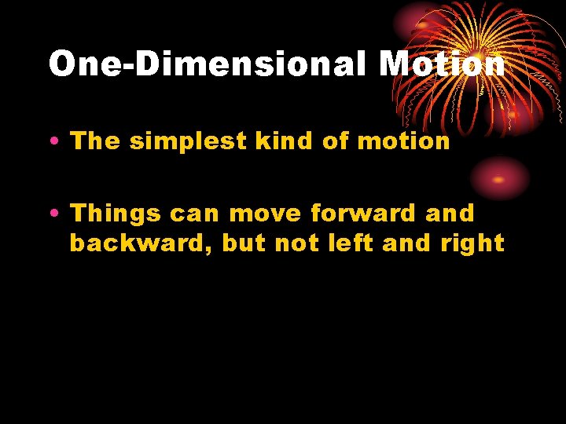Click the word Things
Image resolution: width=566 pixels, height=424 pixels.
[117, 214]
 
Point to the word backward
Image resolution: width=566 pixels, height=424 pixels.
[139, 243]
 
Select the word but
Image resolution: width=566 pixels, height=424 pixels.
[244, 243]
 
